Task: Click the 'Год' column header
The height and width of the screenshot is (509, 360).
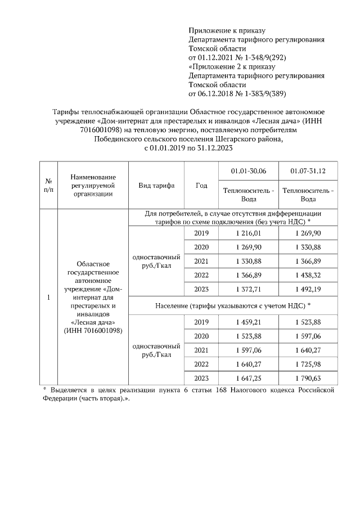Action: coord(201,186)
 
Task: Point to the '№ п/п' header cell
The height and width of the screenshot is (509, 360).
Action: coord(48,186)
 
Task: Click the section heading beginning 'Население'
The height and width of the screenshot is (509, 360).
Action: coord(233,305)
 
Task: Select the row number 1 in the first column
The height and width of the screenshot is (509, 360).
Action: coord(48,297)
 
